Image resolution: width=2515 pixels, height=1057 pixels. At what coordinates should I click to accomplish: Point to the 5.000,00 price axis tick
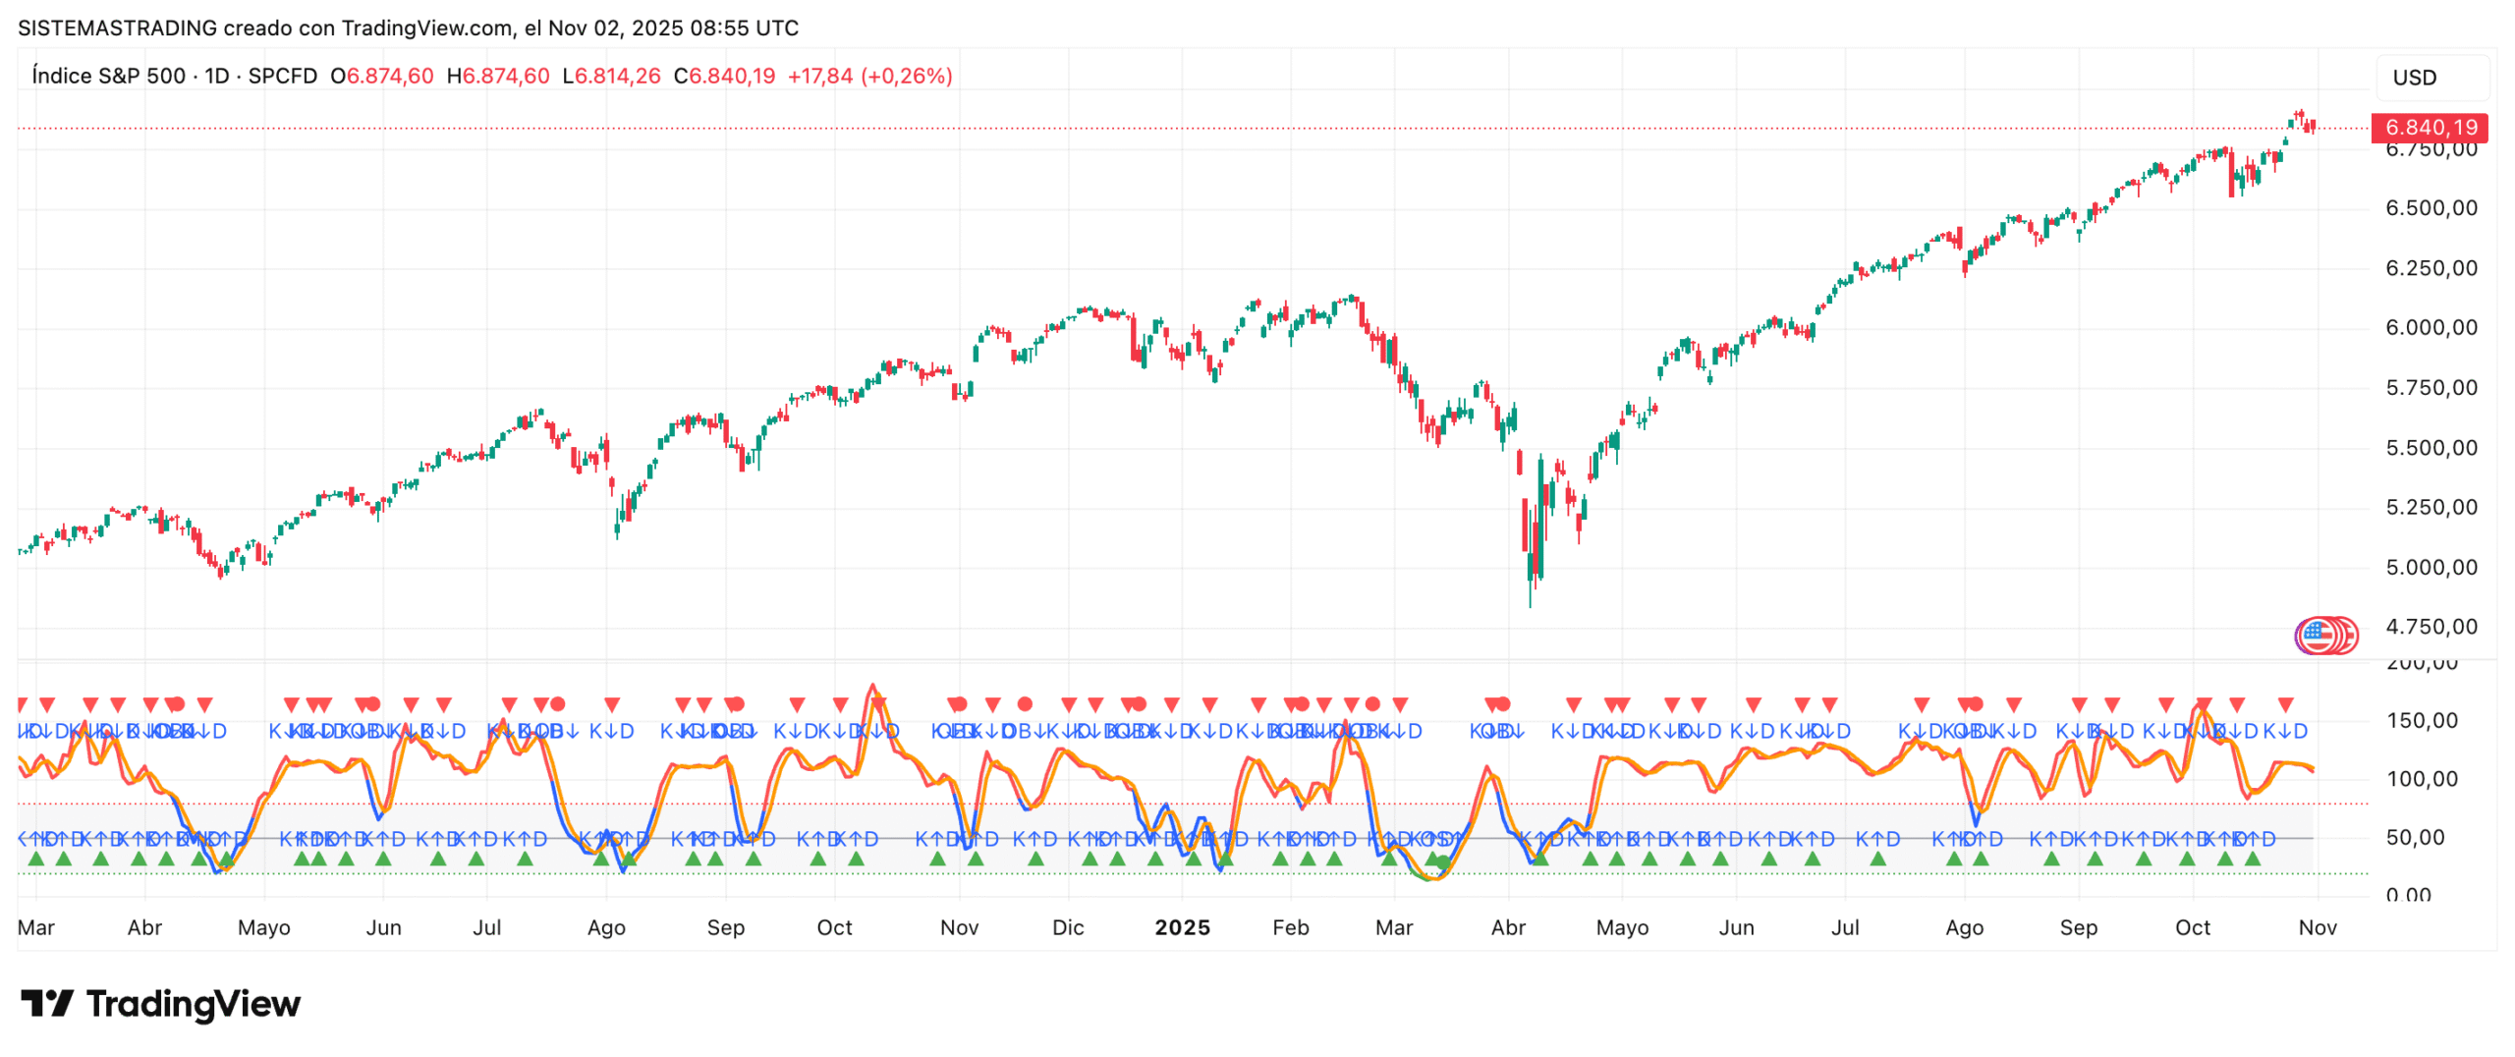point(2431,567)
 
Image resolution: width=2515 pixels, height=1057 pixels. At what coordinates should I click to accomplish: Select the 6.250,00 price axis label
point(2431,268)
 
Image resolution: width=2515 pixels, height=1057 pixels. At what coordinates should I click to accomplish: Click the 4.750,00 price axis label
point(2431,627)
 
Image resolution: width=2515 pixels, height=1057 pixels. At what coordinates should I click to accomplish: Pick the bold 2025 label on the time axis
point(1182,927)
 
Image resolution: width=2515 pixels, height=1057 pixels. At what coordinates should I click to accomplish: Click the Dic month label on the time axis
point(1067,927)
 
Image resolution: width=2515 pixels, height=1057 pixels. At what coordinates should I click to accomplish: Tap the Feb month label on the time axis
point(1290,927)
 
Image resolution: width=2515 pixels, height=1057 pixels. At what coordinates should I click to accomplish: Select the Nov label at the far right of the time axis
point(2317,927)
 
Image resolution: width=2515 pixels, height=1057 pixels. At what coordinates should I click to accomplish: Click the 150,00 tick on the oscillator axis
point(2422,720)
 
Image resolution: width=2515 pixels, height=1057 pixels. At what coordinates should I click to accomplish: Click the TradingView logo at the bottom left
point(161,1003)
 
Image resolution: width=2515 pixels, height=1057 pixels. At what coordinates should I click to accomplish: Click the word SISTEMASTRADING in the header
point(117,28)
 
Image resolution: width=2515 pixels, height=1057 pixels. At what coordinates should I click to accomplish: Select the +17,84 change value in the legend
point(819,76)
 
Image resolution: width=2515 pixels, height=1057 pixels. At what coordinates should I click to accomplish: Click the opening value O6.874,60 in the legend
point(381,76)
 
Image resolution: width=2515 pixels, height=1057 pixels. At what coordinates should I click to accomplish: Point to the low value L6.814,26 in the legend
point(611,76)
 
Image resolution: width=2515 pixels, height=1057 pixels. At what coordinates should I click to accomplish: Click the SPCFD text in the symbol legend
point(282,76)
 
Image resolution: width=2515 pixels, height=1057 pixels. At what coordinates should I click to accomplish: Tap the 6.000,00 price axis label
point(2431,328)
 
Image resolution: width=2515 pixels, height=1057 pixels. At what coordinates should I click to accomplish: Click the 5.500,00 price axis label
point(2431,448)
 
